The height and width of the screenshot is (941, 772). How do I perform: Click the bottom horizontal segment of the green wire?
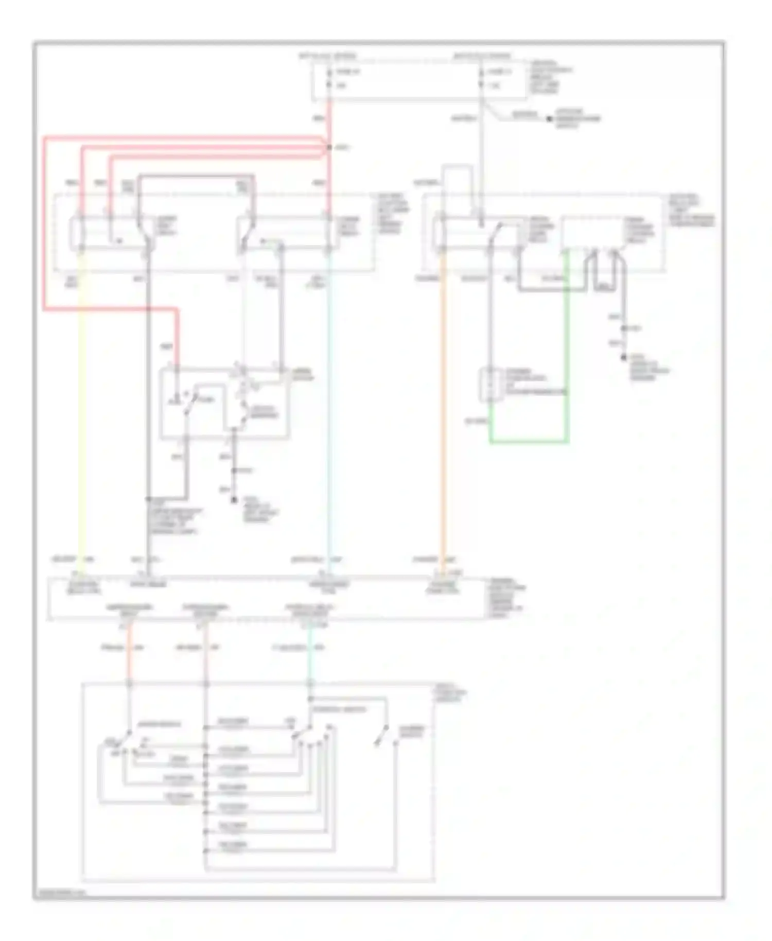(529, 442)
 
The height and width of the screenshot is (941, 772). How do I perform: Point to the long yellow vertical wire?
(81, 412)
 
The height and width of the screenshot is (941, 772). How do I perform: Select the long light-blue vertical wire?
(329, 412)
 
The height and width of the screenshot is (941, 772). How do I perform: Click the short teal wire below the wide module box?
(310, 654)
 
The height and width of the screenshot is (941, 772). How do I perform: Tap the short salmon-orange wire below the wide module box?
(130, 654)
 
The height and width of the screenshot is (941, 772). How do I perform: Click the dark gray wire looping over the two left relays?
(196, 177)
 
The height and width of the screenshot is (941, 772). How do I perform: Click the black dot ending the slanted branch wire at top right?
(549, 119)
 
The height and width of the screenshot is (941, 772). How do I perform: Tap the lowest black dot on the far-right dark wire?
(624, 357)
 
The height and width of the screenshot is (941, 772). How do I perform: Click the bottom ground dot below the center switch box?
(234, 499)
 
